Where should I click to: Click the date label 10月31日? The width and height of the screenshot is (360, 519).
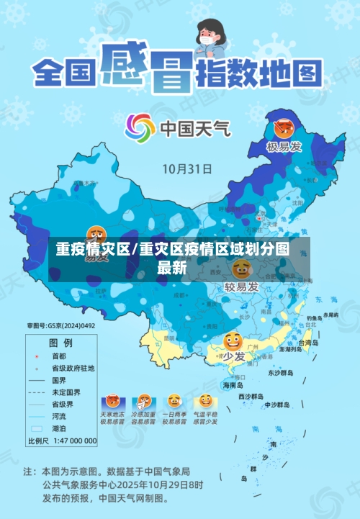186,169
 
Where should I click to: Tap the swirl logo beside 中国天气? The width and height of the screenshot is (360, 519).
140,129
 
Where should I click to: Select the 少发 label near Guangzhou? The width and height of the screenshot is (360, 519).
233,356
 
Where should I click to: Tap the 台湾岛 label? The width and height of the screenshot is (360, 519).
307,343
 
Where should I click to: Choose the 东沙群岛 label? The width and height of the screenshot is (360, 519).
280,374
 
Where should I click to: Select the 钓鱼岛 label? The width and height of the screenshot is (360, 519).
314,317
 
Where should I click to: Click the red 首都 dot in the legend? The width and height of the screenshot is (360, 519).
35,356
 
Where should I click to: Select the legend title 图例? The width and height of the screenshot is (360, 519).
60,342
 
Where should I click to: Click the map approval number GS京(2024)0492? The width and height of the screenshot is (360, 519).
61,325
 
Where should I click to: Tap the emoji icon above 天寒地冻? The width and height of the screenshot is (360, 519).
112,401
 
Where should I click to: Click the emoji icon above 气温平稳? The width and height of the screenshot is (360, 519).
205,401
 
